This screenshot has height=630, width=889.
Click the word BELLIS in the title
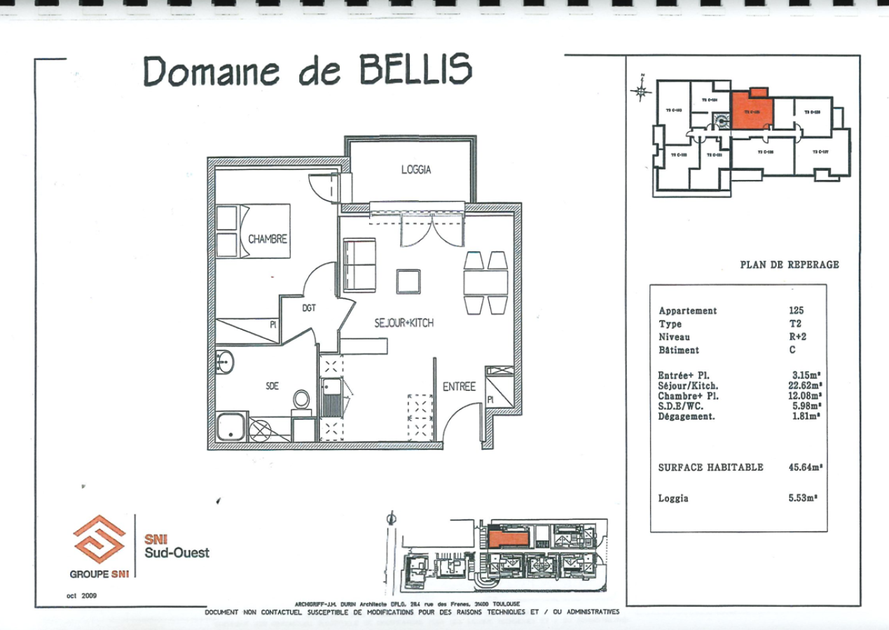416,69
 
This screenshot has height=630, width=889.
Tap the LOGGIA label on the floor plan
415,169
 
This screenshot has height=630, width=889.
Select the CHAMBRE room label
268,239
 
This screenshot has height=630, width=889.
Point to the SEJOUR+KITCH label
404,323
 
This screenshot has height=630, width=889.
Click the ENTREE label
459,386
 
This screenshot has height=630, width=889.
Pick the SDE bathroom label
273,386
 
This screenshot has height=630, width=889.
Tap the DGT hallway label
309,307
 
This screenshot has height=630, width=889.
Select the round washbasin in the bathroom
226,363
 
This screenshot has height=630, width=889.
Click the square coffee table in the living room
409,281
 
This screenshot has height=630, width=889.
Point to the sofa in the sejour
359,265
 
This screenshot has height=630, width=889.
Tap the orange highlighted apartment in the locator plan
752,112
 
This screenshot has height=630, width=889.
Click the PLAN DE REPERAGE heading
789,265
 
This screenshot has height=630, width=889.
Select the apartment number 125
797,311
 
